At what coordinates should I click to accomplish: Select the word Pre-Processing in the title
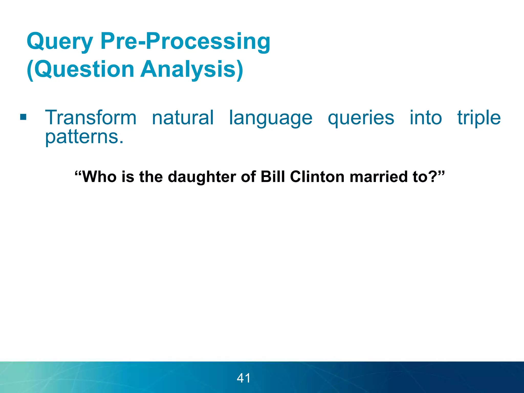185,41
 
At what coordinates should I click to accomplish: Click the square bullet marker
23,117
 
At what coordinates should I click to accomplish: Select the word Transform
91,118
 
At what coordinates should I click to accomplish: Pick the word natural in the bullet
183,118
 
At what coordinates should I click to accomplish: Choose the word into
426,118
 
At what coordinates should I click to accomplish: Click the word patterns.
84,137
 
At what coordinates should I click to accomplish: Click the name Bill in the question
273,177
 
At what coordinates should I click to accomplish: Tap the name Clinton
317,177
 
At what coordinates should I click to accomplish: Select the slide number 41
244,378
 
